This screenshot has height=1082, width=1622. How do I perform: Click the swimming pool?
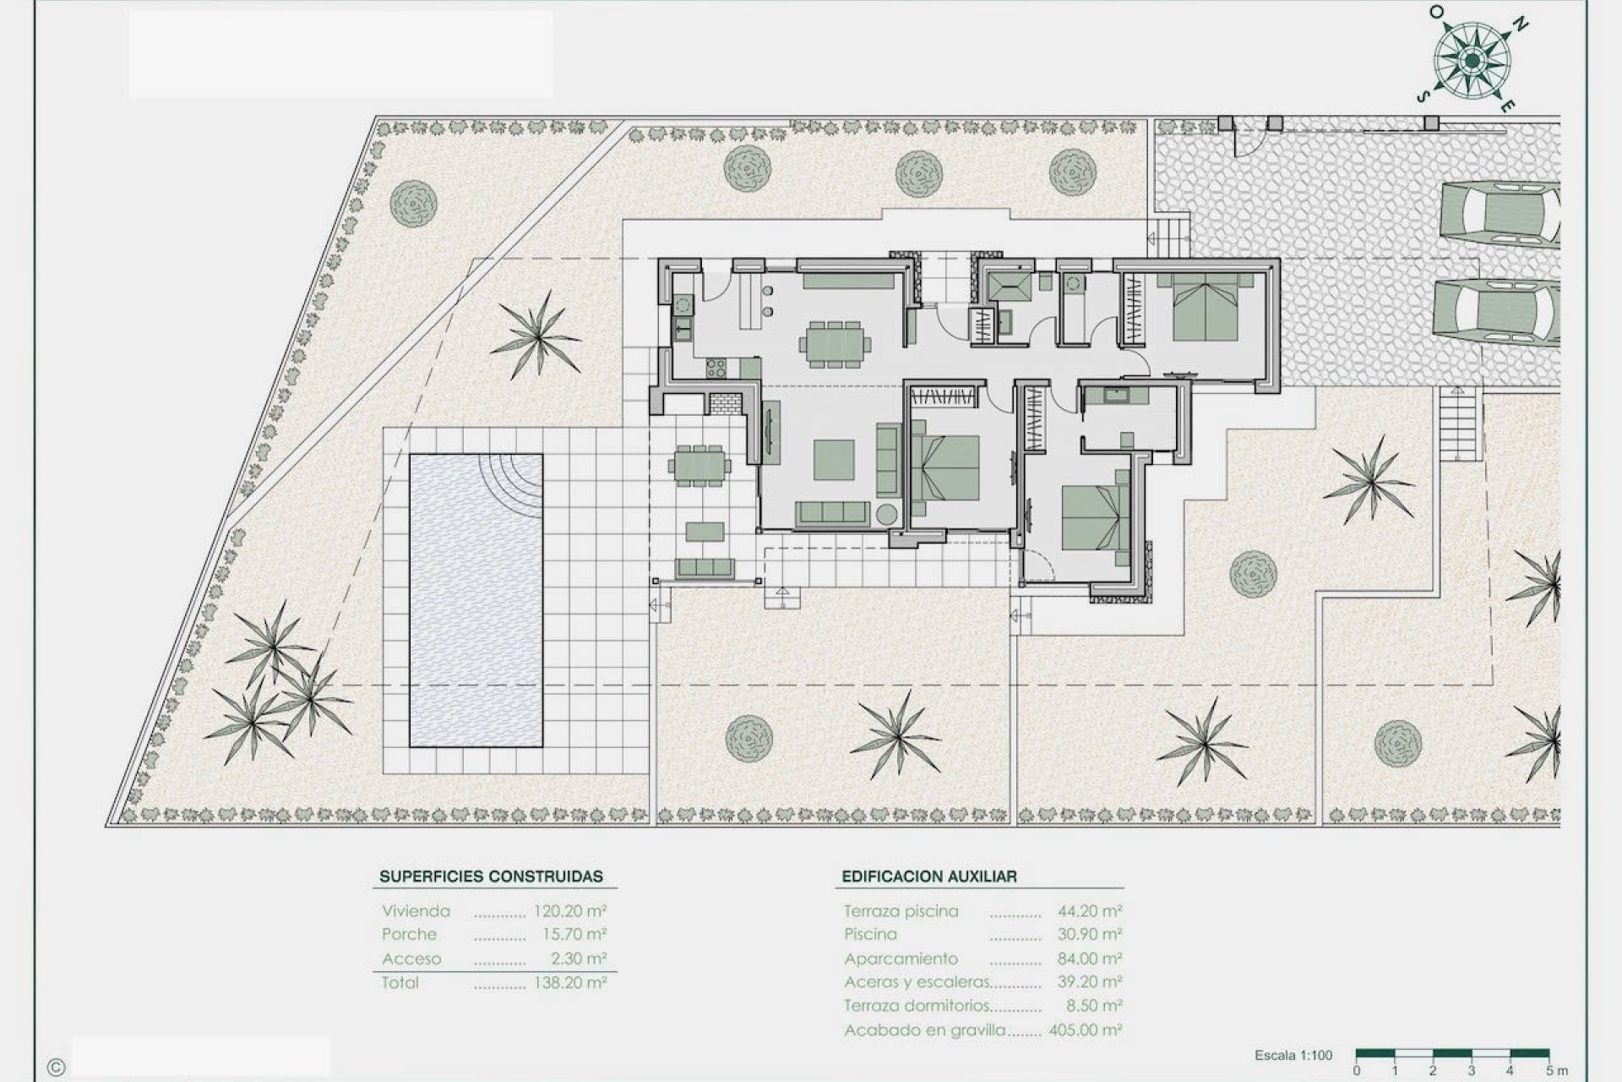click(476, 600)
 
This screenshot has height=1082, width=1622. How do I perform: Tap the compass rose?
click(1472, 60)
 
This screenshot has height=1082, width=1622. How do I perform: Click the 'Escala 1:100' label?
click(1293, 1055)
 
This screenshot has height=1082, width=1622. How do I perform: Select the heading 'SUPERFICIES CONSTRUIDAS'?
click(491, 877)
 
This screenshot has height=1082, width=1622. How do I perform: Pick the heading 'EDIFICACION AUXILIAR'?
click(928, 877)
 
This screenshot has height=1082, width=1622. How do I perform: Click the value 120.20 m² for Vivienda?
click(569, 911)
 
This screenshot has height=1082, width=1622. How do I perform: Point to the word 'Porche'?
click(409, 934)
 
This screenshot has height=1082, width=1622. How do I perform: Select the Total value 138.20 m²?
click(569, 983)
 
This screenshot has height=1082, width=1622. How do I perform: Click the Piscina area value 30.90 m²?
click(1089, 934)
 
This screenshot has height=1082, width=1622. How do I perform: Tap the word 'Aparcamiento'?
click(901, 959)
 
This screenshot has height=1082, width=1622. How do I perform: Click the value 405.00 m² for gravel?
click(1085, 1030)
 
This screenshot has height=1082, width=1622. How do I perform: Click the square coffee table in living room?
click(834, 460)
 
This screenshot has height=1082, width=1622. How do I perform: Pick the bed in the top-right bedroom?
click(1198, 310)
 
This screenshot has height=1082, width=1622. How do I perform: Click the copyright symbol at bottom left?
click(56, 1067)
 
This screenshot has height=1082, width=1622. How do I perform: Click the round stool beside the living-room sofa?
click(886, 514)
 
